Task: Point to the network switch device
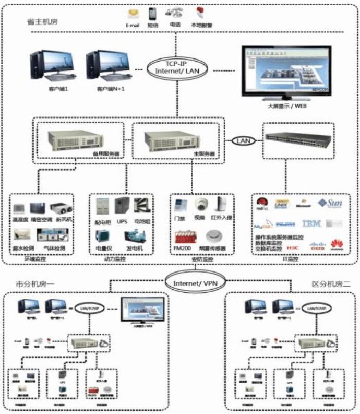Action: [x=298, y=138]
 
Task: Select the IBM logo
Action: [x=311, y=224]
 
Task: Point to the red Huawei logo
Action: [x=338, y=244]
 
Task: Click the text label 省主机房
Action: [x=41, y=22]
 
